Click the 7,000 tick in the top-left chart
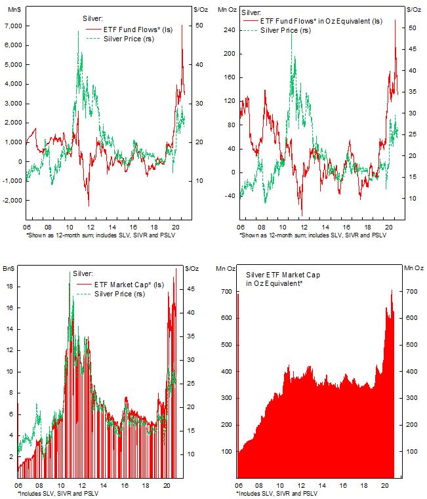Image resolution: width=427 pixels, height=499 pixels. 13,26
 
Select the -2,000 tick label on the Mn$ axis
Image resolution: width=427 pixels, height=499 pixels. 11,200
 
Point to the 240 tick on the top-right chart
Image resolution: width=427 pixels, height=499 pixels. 229,30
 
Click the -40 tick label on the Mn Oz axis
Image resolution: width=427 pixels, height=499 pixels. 229,195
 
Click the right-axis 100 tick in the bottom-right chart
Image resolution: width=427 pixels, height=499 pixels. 413,452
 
